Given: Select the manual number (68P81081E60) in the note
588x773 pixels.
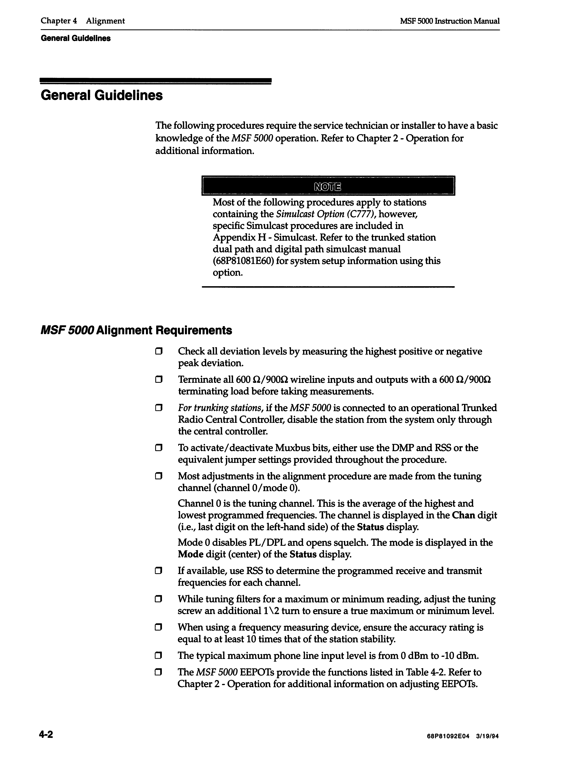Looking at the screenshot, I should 243,261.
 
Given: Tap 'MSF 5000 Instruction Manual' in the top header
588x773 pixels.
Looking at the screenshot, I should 449,21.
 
